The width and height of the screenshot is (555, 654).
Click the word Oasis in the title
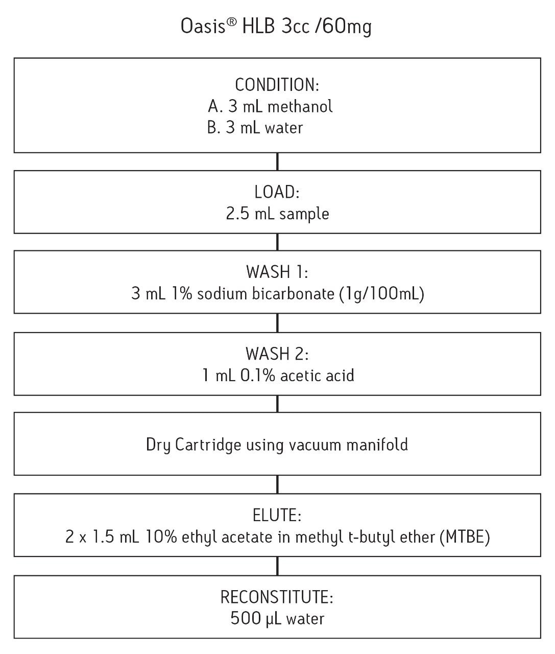[x=203, y=26]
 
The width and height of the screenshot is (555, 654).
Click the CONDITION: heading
[x=277, y=85]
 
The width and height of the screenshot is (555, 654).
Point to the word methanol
[x=300, y=106]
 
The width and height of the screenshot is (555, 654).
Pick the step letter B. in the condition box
[x=213, y=128]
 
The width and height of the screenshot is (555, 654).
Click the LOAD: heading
[x=277, y=192]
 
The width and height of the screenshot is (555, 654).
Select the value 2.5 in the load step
[x=237, y=213]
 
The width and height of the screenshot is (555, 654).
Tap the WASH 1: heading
[x=277, y=272]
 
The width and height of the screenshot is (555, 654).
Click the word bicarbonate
[x=293, y=293]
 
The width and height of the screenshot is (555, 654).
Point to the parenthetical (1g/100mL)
[x=381, y=294]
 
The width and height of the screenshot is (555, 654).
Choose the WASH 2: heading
[x=277, y=354]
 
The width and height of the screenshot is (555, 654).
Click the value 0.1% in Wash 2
[x=257, y=375]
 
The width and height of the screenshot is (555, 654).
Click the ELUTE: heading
[x=277, y=516]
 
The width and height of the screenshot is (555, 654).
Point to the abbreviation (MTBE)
[x=465, y=538]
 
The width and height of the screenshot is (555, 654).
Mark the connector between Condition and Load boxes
[x=277, y=161]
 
